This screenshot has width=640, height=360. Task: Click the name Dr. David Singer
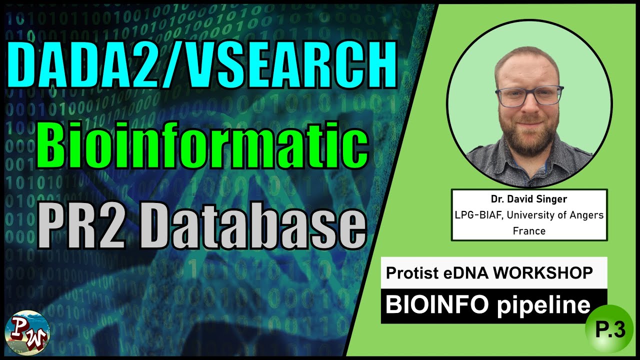(529, 199)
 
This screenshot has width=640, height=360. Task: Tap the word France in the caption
(529, 231)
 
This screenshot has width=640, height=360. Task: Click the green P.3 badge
(610, 331)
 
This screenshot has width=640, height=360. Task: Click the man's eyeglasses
(528, 96)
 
